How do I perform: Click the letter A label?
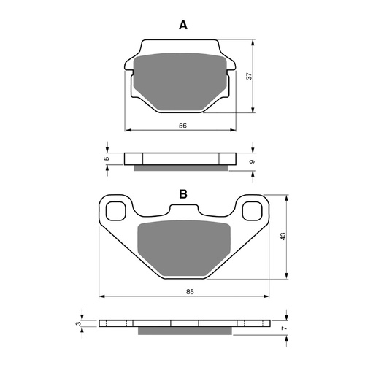183,26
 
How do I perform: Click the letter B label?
183,194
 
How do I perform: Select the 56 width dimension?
182,126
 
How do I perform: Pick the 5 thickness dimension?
107,158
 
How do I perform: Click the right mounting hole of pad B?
253,212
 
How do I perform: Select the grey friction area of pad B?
183,246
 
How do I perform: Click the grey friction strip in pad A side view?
181,168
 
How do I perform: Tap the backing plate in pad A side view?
181,158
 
